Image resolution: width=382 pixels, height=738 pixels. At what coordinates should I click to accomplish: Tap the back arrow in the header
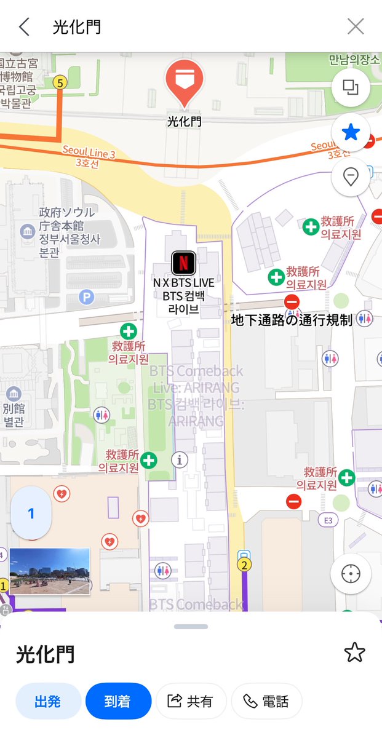(x=24, y=26)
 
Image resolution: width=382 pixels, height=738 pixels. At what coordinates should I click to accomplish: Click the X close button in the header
(x=356, y=26)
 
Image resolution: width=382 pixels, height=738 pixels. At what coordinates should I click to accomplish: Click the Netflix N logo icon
(x=184, y=263)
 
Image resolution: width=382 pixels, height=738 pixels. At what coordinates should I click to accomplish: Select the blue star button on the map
(x=351, y=132)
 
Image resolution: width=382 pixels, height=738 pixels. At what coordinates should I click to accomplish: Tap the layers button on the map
(x=351, y=88)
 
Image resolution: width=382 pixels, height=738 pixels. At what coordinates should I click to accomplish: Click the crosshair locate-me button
(x=351, y=574)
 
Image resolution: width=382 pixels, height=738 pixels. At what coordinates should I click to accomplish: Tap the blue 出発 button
(x=49, y=701)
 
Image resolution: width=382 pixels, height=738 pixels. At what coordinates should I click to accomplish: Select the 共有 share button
(x=191, y=701)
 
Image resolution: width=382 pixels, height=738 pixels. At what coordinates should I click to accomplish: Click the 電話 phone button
(x=266, y=701)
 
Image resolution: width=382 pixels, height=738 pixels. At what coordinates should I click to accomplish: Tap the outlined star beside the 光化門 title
(x=355, y=653)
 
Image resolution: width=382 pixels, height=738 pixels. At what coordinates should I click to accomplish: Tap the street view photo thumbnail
(x=49, y=571)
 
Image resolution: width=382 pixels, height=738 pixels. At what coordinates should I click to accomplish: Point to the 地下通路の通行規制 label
(x=292, y=320)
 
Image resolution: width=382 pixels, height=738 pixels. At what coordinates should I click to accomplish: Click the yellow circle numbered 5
(x=60, y=82)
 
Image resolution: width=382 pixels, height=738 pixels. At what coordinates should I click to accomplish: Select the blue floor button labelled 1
(x=31, y=514)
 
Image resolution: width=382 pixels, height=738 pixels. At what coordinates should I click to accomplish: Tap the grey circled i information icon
(x=180, y=459)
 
